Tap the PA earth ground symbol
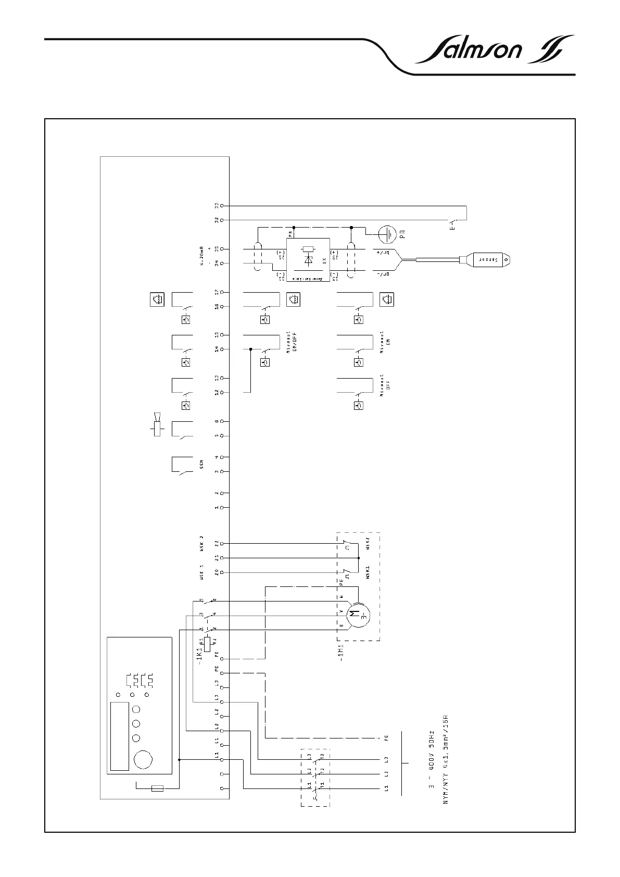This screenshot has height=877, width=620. pos(387,234)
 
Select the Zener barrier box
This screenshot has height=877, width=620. pos(308,259)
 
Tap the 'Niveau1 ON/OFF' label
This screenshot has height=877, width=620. pos(290,342)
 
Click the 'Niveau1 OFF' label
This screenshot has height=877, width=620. pos(384,385)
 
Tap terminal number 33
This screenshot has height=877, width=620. pos(216,206)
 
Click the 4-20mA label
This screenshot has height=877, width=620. pos(202,256)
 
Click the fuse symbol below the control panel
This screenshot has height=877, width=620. pos(157,788)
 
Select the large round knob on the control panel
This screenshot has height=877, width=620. pos(143,760)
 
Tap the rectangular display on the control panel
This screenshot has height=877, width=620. pos(120,736)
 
